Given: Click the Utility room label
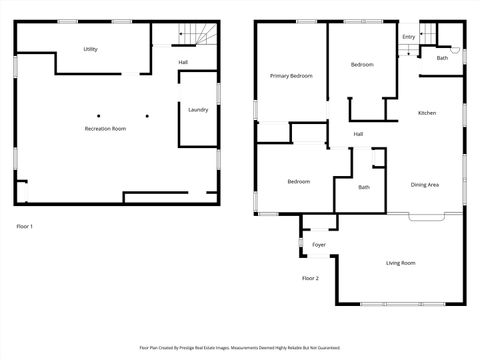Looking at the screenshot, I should [90, 49].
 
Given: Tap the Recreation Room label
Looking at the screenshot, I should [104, 129].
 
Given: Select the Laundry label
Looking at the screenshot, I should [198, 110].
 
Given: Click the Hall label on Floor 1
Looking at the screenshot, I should [183, 63].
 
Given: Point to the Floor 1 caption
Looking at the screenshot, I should [25, 227].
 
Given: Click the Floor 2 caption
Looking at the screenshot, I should [310, 278].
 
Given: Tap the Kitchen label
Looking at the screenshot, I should [427, 113].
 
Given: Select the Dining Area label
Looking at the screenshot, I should [425, 184].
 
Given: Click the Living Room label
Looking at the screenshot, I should [401, 263].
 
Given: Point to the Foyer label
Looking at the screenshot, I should [319, 245].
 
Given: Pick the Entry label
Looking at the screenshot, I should [408, 37].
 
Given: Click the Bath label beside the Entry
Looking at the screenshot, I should [442, 58].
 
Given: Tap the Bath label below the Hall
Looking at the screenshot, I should [364, 187].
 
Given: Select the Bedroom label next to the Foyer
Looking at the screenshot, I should [298, 181].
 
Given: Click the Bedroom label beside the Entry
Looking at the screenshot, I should [361, 65].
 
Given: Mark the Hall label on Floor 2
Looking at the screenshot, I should [358, 133].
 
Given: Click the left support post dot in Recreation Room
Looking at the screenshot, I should [98, 116].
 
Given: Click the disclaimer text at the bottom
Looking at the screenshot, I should [240, 348].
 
